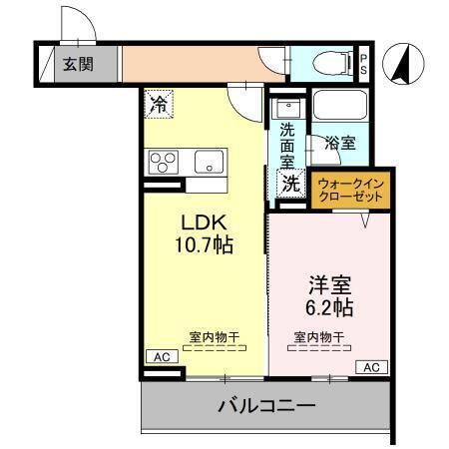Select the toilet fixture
pos(326,62)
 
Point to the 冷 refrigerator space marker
pos(160,102)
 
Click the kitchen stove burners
pos(162,161)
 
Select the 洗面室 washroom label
pos(287,144)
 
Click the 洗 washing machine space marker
pos(290,183)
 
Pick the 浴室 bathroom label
pos(340,144)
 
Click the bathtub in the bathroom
pos(340,111)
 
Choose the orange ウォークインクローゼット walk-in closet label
pos(349,190)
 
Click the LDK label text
pos(204,222)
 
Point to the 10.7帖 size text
pos(207,244)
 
